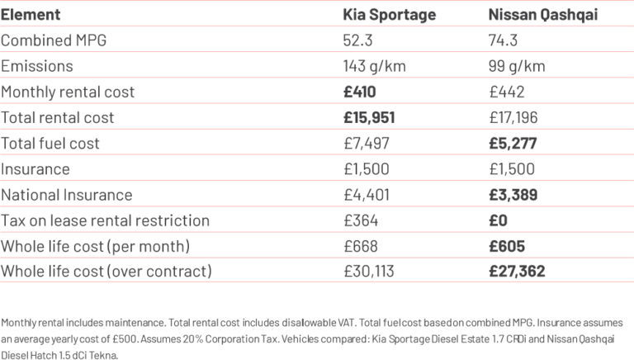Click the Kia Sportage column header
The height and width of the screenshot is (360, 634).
[390, 14]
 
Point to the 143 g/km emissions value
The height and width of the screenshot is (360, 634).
[370, 66]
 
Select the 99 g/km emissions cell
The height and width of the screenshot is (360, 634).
[513, 66]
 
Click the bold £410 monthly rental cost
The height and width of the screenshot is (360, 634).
[360, 92]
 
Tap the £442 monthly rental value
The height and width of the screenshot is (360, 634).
[506, 92]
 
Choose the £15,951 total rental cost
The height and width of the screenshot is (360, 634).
[369, 117]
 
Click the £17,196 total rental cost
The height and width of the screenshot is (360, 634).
[513, 117]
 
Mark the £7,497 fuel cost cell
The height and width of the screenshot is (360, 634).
[364, 143]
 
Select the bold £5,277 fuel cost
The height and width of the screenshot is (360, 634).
[512, 143]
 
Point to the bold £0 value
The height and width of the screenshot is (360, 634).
[498, 220]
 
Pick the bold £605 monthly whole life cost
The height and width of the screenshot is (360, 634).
[507, 245]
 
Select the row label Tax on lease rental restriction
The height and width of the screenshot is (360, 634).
[105, 220]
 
